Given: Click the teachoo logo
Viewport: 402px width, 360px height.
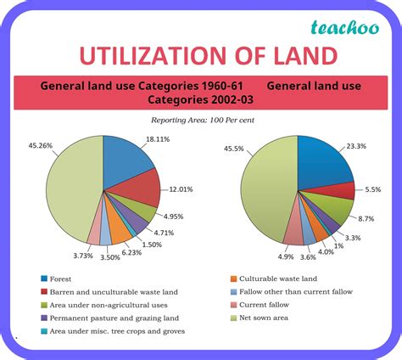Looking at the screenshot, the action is (x=345, y=28).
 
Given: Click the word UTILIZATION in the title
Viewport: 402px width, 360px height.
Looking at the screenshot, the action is (x=153, y=55).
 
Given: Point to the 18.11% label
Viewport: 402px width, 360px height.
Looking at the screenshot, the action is (x=158, y=139).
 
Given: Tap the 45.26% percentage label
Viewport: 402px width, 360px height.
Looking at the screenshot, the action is (x=41, y=145).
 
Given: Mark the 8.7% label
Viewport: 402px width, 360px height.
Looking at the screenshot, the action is (x=366, y=219).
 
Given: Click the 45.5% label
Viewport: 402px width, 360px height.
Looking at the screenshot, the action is (x=234, y=149).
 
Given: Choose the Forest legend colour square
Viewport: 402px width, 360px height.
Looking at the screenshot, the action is (x=44, y=278).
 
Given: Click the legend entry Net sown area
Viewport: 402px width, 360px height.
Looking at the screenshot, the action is (x=264, y=318).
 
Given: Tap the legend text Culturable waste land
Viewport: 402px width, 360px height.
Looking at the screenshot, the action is (x=278, y=278).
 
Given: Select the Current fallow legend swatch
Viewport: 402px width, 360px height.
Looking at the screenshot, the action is (x=233, y=305).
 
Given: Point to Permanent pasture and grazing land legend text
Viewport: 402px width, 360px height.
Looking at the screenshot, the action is (x=114, y=318).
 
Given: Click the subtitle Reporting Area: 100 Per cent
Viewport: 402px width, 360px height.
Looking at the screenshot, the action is (x=203, y=120).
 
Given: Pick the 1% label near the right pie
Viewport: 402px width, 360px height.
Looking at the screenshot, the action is (x=338, y=246).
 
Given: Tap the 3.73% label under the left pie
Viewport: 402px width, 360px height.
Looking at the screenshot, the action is (x=83, y=256).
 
